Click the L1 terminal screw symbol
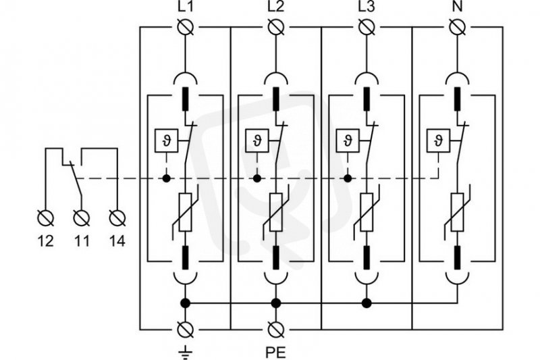point(186,27)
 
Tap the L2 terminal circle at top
point(276,27)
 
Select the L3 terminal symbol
point(367,27)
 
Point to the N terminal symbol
point(458,27)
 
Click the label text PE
point(275,352)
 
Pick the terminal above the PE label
point(276,330)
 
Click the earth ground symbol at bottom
point(186,351)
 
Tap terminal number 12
point(46,241)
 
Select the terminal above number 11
point(82,217)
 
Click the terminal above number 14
point(117,217)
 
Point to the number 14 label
point(117,241)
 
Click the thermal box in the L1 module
point(166,140)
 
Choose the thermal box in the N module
point(438,140)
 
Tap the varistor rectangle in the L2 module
point(276,212)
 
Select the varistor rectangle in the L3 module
point(367,212)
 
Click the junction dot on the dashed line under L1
point(166,178)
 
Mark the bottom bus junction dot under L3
point(367,303)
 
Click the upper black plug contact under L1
point(186,99)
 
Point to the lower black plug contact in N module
point(458,257)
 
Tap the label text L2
point(276,7)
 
